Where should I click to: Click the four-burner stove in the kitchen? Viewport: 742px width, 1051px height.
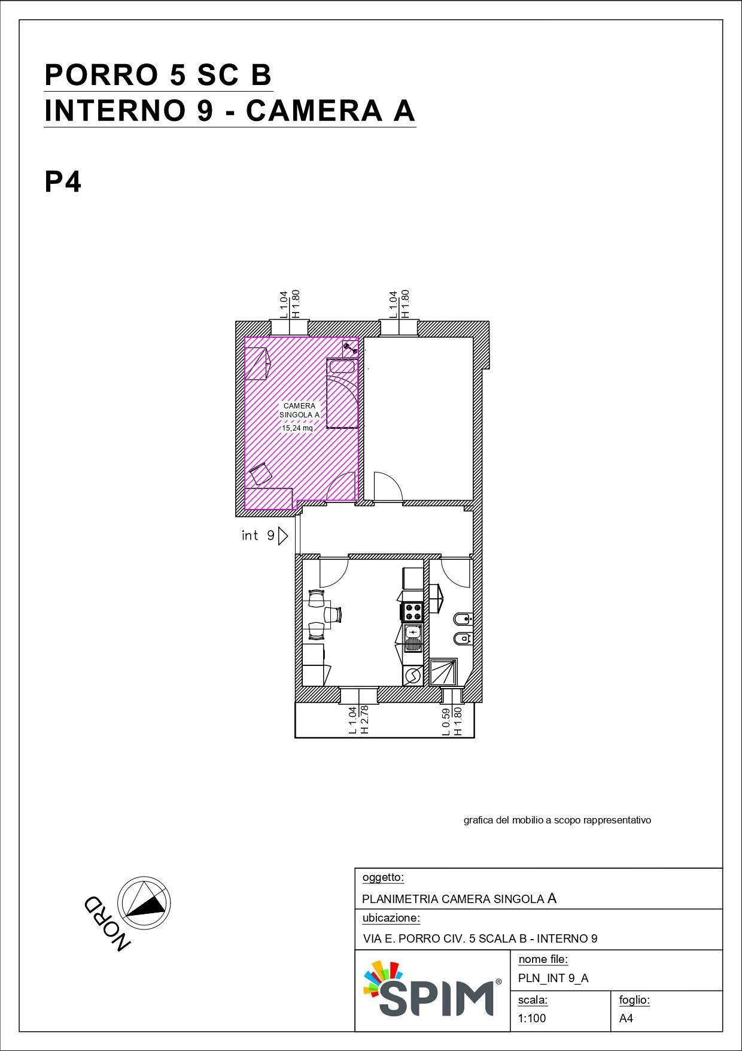point(413,613)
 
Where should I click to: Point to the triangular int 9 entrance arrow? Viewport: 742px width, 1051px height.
point(283,535)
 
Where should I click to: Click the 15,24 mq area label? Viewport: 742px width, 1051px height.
point(297,428)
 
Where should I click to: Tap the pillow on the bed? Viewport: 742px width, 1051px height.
point(342,367)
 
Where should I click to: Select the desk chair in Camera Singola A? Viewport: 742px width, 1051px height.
point(260,474)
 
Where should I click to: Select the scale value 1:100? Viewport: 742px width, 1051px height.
point(532,1018)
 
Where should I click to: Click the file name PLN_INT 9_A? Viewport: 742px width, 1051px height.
point(554,978)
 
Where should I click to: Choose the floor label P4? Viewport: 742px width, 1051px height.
point(63,182)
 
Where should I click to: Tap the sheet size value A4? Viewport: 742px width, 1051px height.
point(626,1018)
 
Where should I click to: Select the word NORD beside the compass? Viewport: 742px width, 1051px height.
point(107,923)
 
